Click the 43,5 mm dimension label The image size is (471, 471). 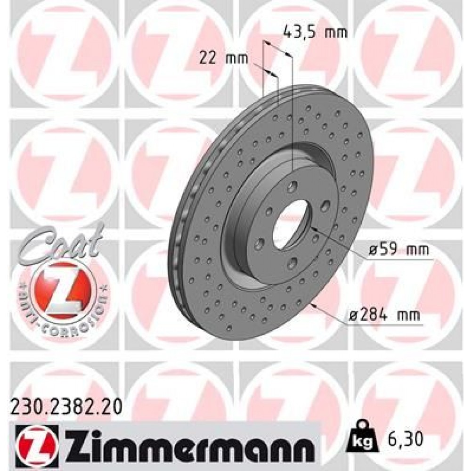click(315, 33)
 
